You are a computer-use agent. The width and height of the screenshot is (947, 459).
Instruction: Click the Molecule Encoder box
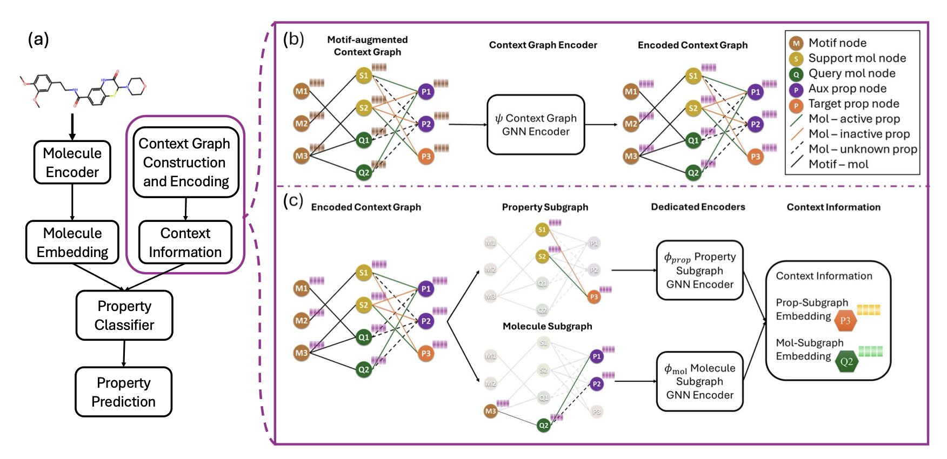coord(72,163)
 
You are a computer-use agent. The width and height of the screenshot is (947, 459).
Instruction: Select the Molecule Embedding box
coord(72,242)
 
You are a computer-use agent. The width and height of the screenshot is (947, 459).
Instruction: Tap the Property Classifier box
coord(124,315)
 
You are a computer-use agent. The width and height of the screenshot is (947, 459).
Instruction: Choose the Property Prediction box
coord(123,392)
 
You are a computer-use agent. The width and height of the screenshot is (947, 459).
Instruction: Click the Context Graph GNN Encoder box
coord(536,125)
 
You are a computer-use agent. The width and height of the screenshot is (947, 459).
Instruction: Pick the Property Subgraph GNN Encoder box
coord(699,270)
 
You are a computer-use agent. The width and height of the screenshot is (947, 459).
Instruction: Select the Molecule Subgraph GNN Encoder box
coord(699,381)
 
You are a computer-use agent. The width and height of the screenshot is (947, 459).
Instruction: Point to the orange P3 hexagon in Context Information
coord(845,321)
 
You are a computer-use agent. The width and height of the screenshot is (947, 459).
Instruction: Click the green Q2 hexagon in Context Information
coord(846,362)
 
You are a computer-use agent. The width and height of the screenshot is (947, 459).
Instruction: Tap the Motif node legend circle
coord(796,43)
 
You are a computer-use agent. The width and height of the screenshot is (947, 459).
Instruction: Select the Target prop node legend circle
coord(796,104)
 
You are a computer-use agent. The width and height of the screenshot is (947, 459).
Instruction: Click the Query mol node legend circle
coord(796,74)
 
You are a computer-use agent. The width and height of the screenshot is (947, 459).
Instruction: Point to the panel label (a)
coord(38,39)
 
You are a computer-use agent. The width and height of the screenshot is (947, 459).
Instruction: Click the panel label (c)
coord(293,200)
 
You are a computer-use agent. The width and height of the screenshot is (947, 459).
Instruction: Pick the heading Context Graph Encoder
coord(543,45)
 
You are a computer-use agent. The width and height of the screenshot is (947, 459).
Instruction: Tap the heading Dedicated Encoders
coord(698,207)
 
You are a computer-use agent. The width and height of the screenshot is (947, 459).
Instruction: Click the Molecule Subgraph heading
coord(547,326)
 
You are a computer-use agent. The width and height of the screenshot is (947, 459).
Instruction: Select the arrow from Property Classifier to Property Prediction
coord(124,354)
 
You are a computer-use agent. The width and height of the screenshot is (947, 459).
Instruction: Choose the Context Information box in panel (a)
coord(185,242)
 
